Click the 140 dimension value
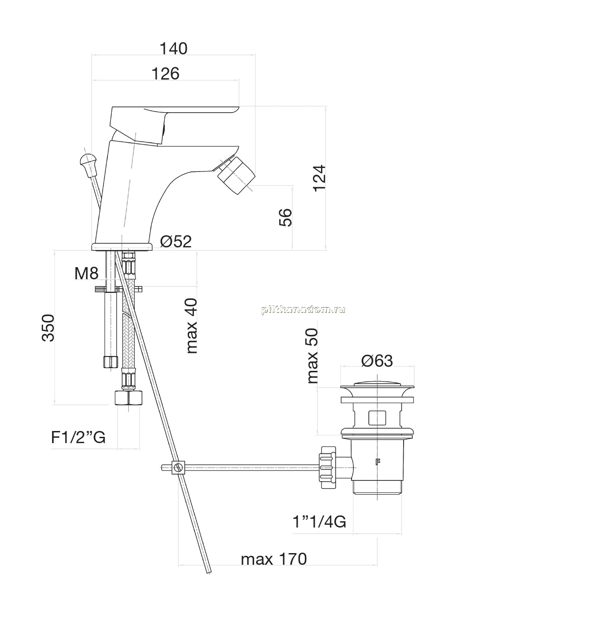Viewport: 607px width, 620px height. click(x=173, y=49)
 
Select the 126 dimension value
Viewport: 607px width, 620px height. click(x=165, y=74)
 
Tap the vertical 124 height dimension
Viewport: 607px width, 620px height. click(x=320, y=179)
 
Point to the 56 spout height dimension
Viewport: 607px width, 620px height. click(x=286, y=217)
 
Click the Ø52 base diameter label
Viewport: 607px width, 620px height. click(x=176, y=241)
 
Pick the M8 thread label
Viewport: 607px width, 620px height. click(x=86, y=273)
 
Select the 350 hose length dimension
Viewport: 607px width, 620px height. click(x=48, y=328)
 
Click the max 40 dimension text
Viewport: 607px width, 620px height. click(x=192, y=326)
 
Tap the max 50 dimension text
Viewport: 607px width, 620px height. click(x=312, y=356)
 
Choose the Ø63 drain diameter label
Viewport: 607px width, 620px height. click(x=377, y=361)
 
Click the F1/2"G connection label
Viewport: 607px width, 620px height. click(x=78, y=438)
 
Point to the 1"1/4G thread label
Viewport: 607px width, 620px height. click(x=319, y=522)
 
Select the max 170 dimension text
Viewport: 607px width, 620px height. click(x=274, y=559)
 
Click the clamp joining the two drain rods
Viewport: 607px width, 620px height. click(x=178, y=467)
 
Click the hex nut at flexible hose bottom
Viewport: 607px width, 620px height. click(x=128, y=398)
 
